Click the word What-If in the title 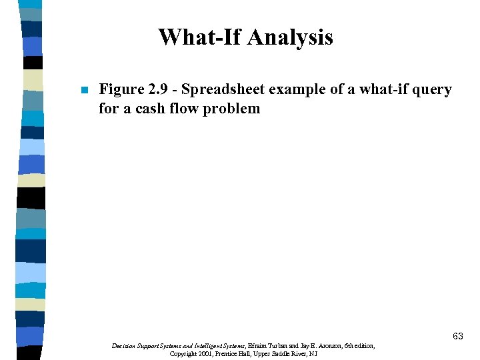(199, 37)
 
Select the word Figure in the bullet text (121, 89)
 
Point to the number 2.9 (158, 89)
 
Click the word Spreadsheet (223, 89)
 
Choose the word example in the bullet (298, 89)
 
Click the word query (434, 89)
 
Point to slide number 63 (457, 337)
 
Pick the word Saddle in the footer (285, 354)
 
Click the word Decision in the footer (125, 346)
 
